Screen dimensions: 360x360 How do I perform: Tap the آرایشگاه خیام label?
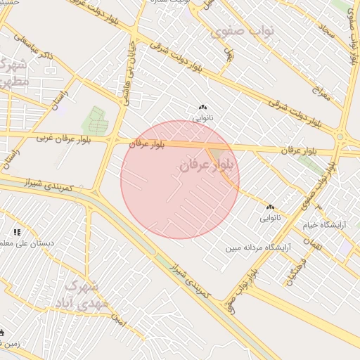point(325,225)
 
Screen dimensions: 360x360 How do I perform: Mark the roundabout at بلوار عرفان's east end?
point(340,137)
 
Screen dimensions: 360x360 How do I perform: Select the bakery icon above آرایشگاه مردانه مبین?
point(270,207)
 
